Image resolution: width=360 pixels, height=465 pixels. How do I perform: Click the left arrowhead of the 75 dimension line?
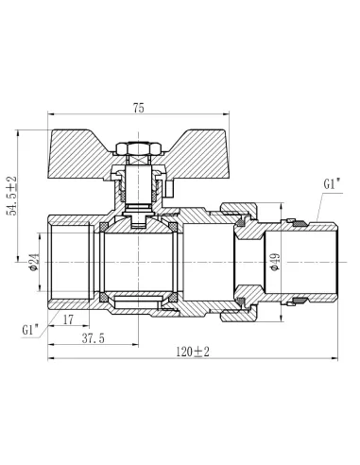46,115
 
